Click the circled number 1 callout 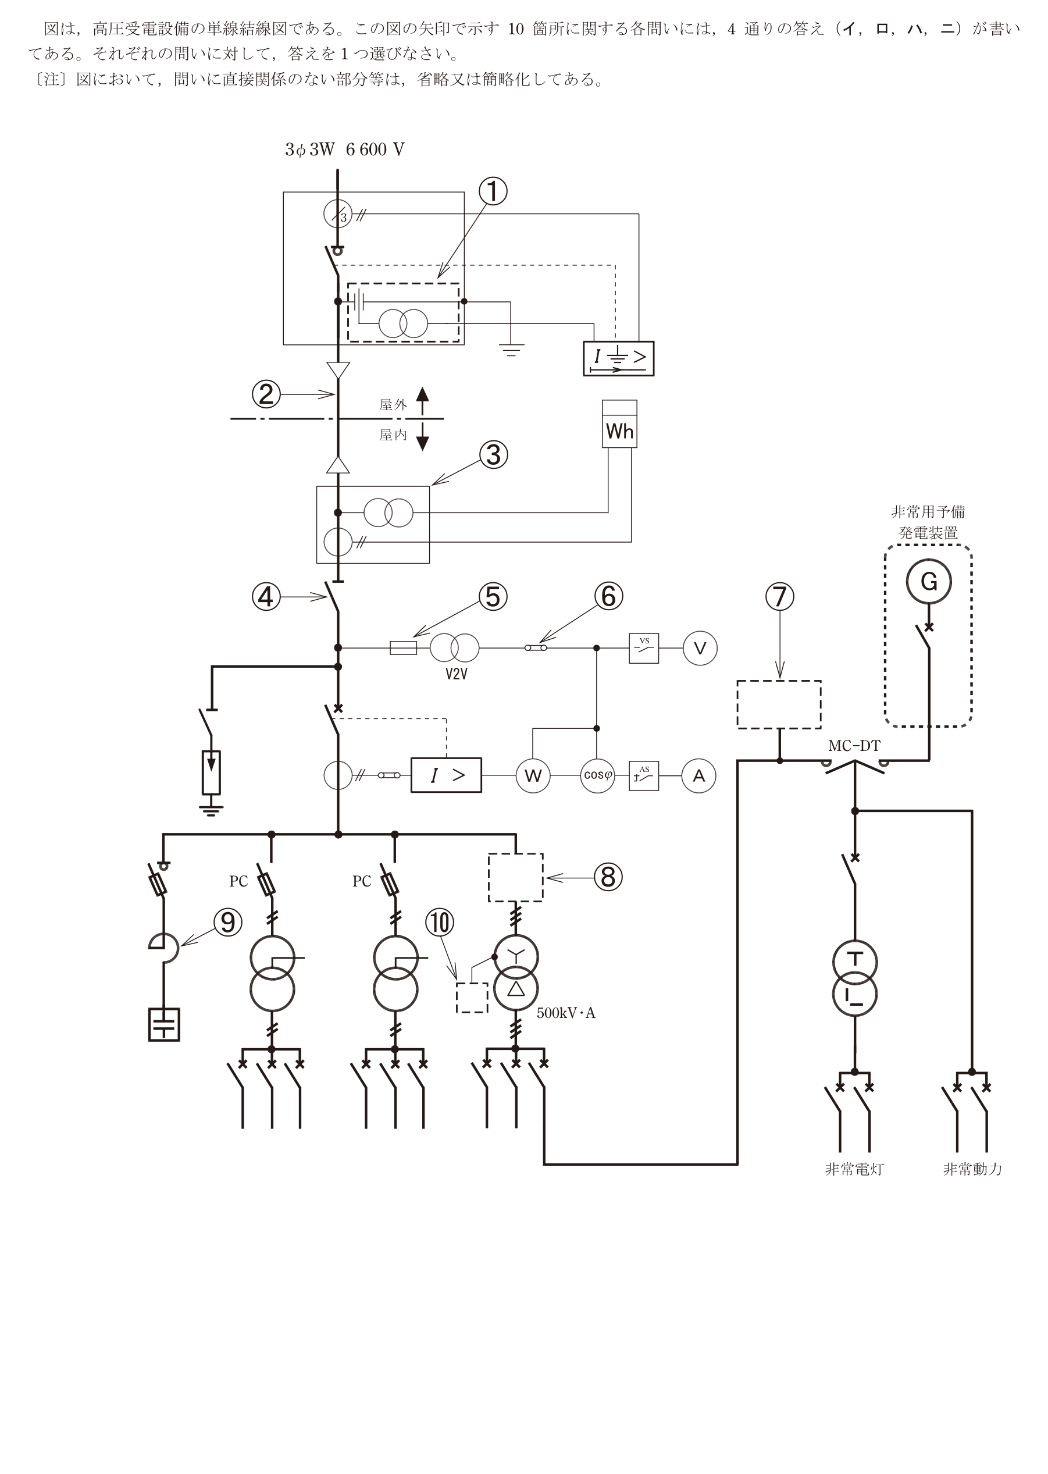pyautogui.click(x=493, y=192)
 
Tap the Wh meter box pyautogui.click(x=619, y=424)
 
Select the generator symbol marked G pyautogui.click(x=929, y=582)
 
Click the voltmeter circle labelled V pyautogui.click(x=700, y=648)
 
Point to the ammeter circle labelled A pyautogui.click(x=699, y=776)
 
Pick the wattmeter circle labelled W pyautogui.click(x=533, y=776)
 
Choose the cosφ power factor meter pyautogui.click(x=597, y=776)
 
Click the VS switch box pyautogui.click(x=644, y=648)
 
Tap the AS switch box pyautogui.click(x=644, y=776)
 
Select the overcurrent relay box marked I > pyautogui.click(x=447, y=775)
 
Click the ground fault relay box pyautogui.click(x=618, y=358)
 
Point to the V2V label pyautogui.click(x=456, y=674)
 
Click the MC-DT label pyautogui.click(x=854, y=746)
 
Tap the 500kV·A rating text pyautogui.click(x=566, y=1013)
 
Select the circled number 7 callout pyautogui.click(x=779, y=596)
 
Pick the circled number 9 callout pyautogui.click(x=228, y=922)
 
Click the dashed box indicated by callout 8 pyautogui.click(x=516, y=877)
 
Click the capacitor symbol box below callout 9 pyautogui.click(x=164, y=1025)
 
